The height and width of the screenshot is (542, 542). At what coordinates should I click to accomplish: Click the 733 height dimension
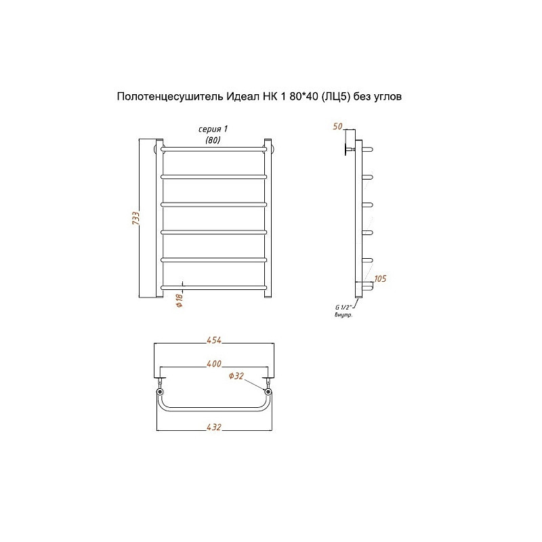136,218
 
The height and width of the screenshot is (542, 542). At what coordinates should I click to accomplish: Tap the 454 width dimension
214,340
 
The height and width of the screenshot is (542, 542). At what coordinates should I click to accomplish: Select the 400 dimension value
214,364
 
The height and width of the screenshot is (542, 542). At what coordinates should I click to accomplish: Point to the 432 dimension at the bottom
214,428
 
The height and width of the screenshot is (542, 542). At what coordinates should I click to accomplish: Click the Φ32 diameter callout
236,376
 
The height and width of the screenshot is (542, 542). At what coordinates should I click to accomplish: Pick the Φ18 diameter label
180,300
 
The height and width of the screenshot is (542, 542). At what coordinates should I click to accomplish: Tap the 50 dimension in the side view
337,127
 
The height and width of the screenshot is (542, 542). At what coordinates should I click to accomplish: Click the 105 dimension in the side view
380,278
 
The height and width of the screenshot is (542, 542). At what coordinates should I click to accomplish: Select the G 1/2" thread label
343,307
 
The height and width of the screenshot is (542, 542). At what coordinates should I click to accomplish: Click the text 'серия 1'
213,129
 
